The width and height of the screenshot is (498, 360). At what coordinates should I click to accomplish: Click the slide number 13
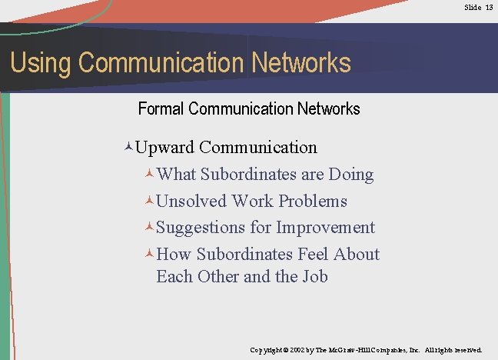pos(489,7)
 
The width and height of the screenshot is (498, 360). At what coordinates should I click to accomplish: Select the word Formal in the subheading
pos(161,108)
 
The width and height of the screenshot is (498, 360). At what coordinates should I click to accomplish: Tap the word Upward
pos(167,147)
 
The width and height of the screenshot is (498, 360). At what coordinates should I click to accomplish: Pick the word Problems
pos(313,202)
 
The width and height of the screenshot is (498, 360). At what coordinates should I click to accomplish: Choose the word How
pos(174,255)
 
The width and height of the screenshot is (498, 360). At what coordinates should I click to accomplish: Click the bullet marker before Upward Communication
pos(129,147)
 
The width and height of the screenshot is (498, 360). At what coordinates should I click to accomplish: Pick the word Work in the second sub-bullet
pos(252,202)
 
